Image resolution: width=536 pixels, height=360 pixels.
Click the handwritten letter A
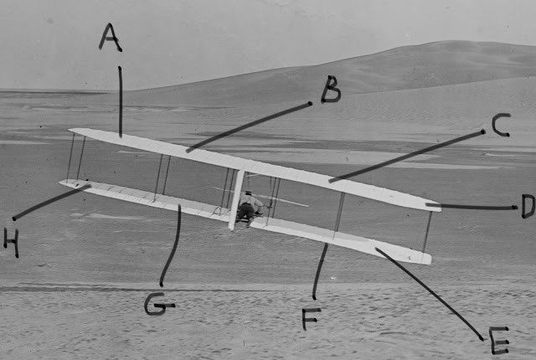[110, 38]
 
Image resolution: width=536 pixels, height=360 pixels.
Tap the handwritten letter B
[331, 90]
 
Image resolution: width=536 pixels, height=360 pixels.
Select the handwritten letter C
[501, 125]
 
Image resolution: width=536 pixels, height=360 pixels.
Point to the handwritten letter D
[528, 206]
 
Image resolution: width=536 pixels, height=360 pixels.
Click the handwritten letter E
[499, 340]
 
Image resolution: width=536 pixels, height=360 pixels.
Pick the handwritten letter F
[311, 319]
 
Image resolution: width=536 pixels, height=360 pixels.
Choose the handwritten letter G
[159, 304]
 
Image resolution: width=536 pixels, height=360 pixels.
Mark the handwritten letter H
[11, 242]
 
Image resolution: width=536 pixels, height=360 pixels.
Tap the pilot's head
[248, 193]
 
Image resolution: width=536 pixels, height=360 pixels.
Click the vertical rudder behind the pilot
[236, 200]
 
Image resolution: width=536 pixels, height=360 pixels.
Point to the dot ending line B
[310, 103]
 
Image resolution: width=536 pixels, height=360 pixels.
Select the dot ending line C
[482, 131]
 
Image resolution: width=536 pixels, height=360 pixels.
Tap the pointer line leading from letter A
[121, 102]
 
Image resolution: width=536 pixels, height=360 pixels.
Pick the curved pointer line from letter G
[173, 246]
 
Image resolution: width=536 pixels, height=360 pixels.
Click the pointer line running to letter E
[430, 293]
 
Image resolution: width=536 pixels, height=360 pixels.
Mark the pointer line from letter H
[52, 202]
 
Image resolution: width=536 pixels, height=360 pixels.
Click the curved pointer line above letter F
[319, 271]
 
